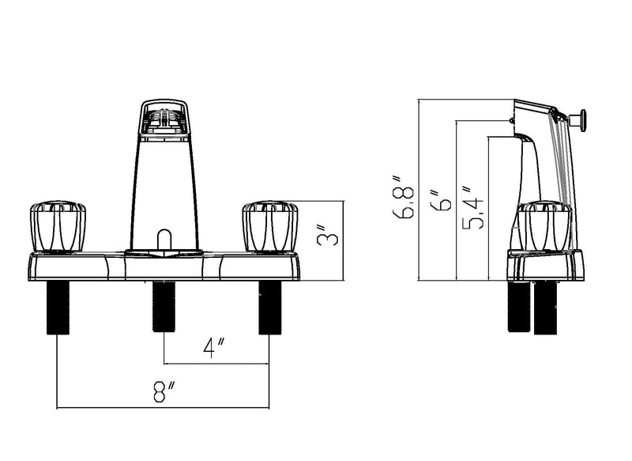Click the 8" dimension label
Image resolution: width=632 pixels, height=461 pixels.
point(164,391)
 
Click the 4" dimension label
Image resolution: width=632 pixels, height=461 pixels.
point(213,348)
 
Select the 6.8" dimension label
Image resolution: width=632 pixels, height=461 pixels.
point(403,197)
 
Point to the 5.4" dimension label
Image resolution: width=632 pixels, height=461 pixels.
point(472,208)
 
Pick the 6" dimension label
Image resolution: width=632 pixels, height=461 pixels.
point(440,199)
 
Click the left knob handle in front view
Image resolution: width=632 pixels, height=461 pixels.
point(58,227)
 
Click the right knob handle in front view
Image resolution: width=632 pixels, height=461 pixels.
point(270,227)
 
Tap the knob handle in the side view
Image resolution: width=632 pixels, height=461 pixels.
point(544,227)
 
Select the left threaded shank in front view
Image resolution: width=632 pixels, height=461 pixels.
point(58,308)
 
